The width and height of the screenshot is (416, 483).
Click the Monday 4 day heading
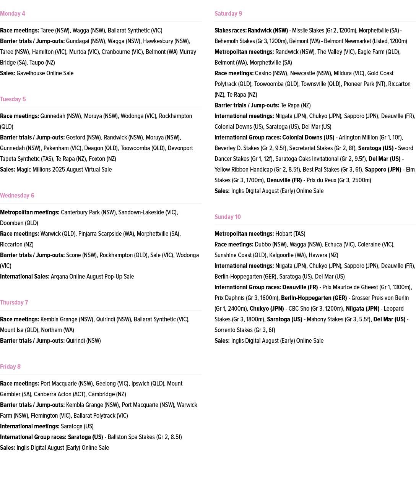pyautogui.click(x=13, y=14)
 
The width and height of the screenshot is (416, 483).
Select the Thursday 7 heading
pyautogui.click(x=14, y=303)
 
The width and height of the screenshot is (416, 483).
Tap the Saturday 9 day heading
pyautogui.click(x=228, y=14)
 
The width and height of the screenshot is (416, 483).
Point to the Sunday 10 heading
pyautogui.click(x=227, y=217)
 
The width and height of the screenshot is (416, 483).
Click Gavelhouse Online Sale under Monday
pyautogui.click(x=45, y=73)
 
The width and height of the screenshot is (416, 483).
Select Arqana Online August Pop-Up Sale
pyautogui.click(x=92, y=277)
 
